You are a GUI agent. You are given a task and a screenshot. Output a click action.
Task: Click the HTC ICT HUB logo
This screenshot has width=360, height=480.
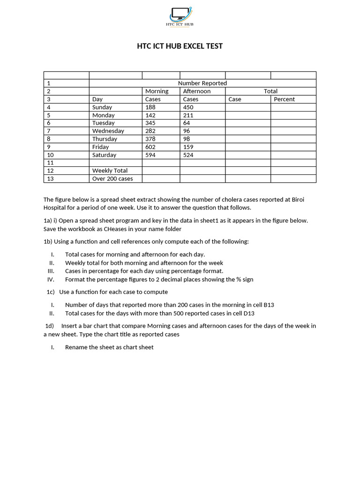[180, 16]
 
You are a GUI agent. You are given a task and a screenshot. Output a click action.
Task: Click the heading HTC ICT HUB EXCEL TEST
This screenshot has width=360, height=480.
[180, 46]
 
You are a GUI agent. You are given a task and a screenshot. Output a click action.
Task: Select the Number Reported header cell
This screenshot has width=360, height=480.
[202, 83]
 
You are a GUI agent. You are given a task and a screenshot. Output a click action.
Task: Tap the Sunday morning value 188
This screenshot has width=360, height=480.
[150, 107]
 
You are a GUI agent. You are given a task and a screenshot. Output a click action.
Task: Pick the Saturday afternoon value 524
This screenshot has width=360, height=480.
[188, 155]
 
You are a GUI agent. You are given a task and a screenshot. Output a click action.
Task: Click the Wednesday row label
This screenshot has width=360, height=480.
[108, 131]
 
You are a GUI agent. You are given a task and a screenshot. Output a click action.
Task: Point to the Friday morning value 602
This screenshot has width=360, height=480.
[150, 147]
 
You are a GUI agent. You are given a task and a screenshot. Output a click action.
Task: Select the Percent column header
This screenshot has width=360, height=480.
[284, 99]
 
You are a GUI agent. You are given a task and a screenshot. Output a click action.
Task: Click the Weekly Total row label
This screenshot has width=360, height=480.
[110, 171]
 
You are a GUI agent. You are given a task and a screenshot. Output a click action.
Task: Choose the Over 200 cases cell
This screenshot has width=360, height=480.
[112, 179]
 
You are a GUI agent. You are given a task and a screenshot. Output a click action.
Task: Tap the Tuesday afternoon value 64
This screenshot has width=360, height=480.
[187, 123]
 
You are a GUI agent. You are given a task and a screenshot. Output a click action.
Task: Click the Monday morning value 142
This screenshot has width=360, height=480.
[150, 115]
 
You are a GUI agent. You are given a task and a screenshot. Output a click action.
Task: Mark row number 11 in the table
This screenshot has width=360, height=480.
[51, 163]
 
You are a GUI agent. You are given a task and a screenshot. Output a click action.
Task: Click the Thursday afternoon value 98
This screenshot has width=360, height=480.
[187, 139]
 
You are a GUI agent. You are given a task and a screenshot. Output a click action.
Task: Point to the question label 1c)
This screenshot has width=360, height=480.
[51, 292]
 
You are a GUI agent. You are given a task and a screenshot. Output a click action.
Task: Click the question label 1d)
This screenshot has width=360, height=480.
[50, 326]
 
